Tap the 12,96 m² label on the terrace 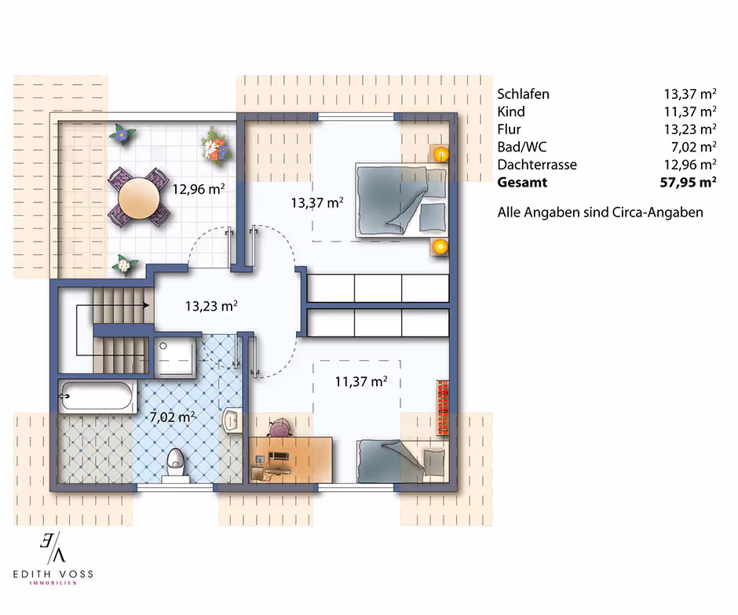[198, 189]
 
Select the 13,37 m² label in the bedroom [317, 202]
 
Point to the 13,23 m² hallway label [211, 306]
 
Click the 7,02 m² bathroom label [172, 417]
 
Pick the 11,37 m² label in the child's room [361, 381]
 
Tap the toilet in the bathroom [175, 465]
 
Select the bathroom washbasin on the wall [232, 420]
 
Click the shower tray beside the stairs [174, 357]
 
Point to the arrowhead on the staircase [146, 305]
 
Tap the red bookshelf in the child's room [443, 407]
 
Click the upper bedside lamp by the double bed [440, 154]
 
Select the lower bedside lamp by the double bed [440, 246]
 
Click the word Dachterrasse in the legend [537, 165]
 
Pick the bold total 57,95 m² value [688, 182]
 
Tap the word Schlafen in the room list [524, 94]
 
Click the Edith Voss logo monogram [53, 548]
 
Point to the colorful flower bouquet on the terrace [215, 145]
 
